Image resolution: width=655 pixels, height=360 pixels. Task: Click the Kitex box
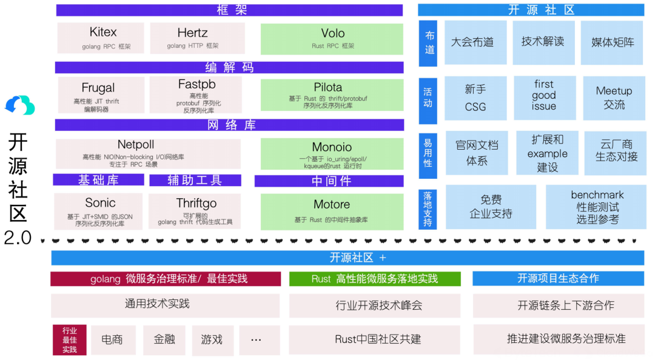point(101,38)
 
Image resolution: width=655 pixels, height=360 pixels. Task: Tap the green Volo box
point(332,38)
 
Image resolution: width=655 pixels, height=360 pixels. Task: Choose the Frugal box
point(101,95)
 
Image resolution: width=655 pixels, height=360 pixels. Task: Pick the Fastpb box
point(196,95)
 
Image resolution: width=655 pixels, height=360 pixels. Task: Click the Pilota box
point(332,95)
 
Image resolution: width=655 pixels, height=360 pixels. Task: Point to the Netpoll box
point(147,153)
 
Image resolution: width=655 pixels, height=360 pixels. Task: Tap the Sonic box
point(99,211)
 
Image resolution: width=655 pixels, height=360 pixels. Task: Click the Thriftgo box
point(196,211)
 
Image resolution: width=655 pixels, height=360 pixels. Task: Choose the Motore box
point(332,211)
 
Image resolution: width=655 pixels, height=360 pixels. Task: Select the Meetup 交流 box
point(614,98)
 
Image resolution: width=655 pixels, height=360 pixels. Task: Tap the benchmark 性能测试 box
point(596,207)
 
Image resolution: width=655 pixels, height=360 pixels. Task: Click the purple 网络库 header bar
point(229,125)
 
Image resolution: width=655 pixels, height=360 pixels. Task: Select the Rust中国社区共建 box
point(374,339)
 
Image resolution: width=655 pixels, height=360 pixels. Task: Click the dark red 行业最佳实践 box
point(69,339)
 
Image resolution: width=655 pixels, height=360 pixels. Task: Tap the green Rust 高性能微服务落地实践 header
point(374,279)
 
